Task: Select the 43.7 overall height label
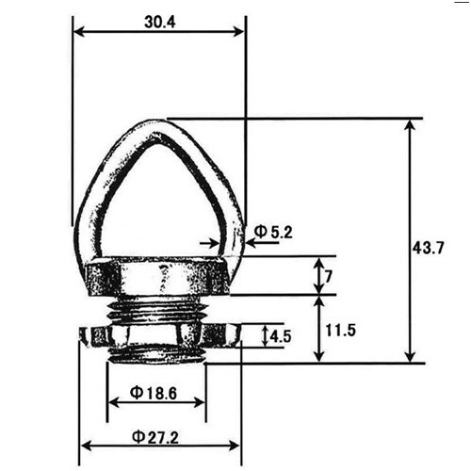[x=429, y=249]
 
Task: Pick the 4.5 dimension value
[x=280, y=335]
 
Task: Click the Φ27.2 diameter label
[x=156, y=435]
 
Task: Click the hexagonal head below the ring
[x=157, y=278]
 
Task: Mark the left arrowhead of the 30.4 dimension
[x=78, y=31]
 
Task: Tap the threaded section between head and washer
[x=157, y=308]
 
